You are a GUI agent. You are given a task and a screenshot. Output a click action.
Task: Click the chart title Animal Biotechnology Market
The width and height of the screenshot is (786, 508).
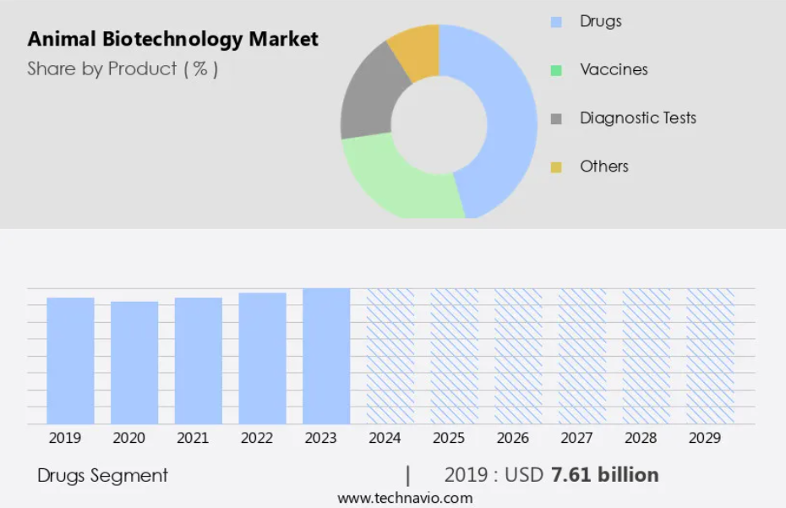pyautogui.click(x=172, y=39)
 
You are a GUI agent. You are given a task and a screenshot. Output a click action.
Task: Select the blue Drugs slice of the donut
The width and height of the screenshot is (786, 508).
pyautogui.click(x=507, y=118)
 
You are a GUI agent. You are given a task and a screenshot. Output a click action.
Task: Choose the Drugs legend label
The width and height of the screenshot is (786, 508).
pyautogui.click(x=600, y=21)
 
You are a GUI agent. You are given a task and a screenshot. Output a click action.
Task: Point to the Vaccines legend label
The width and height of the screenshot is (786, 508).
pyautogui.click(x=614, y=69)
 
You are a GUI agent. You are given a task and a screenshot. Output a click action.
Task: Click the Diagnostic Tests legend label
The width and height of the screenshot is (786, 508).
pyautogui.click(x=637, y=118)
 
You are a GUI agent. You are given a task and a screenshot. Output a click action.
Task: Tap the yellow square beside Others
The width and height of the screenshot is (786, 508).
pyautogui.click(x=556, y=167)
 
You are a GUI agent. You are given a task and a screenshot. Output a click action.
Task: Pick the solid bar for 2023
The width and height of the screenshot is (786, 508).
pyautogui.click(x=326, y=356)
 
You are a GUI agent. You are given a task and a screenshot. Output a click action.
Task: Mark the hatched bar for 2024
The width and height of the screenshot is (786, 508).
pyautogui.click(x=390, y=356)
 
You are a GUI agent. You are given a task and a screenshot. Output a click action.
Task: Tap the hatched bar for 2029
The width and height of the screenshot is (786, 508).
pyautogui.click(x=710, y=356)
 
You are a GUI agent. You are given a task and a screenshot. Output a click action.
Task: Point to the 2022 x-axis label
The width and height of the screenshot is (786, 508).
pyautogui.click(x=257, y=438)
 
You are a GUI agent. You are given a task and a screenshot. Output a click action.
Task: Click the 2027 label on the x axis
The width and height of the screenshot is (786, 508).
pyautogui.click(x=576, y=438)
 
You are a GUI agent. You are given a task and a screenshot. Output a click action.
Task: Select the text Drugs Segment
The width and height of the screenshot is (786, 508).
pyautogui.click(x=102, y=475)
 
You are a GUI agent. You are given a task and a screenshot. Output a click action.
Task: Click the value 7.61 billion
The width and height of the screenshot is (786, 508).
pyautogui.click(x=604, y=475)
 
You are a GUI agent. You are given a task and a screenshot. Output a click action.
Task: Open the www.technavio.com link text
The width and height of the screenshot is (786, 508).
pyautogui.click(x=405, y=498)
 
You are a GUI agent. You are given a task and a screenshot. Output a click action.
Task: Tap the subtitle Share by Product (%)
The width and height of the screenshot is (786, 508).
pyautogui.click(x=123, y=69)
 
